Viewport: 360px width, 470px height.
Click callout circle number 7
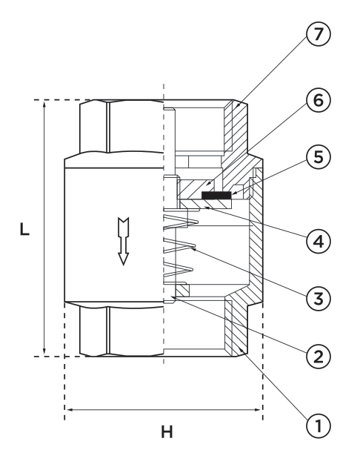point(318,33)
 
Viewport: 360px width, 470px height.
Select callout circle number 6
point(318,100)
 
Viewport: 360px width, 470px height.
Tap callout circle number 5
point(318,156)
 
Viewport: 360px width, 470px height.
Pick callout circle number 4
point(318,241)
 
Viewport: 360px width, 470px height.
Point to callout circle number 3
point(318,299)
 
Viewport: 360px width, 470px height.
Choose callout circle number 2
point(318,356)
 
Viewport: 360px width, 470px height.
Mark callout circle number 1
point(318,426)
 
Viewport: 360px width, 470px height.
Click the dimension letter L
point(24,229)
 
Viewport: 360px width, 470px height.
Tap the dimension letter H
point(167,432)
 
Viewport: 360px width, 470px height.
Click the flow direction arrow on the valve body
point(124,241)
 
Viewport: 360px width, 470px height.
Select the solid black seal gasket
point(216,196)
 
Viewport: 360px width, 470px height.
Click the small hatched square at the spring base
point(182,290)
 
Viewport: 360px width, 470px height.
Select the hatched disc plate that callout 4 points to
point(205,204)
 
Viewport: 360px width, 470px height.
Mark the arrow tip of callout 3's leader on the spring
point(192,248)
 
